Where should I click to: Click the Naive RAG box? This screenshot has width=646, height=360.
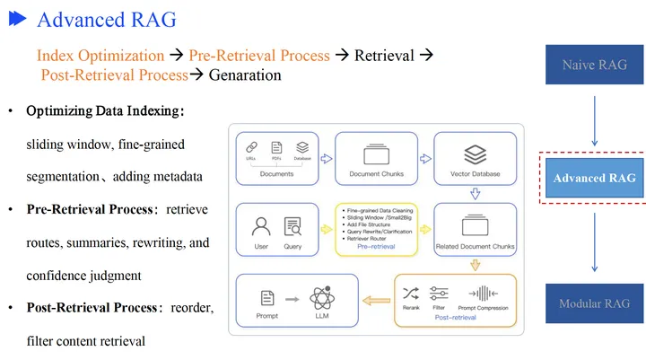[x=593, y=64]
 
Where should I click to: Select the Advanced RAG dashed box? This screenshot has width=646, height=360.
[x=593, y=178]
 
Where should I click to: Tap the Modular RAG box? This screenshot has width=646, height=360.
[x=593, y=303]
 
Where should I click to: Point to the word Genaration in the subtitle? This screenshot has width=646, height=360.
[x=245, y=75]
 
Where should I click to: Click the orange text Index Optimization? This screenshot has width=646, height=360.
[x=100, y=56]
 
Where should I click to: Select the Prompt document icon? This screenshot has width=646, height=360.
[x=266, y=297]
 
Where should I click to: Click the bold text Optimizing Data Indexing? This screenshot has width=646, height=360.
[x=105, y=112]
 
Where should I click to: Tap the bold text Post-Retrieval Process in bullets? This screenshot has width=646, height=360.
[x=92, y=308]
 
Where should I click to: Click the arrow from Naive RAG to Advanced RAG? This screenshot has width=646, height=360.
[x=593, y=117]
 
